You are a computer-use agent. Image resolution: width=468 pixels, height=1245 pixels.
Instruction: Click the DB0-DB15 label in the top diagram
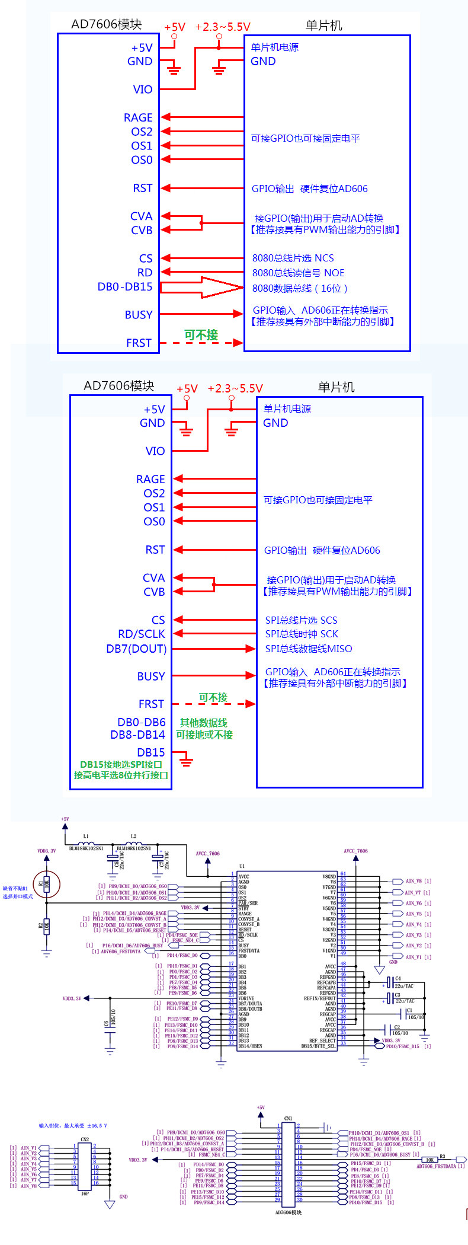(x=125, y=287)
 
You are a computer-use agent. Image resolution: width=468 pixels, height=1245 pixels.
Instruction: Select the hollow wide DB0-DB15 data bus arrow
(x=201, y=288)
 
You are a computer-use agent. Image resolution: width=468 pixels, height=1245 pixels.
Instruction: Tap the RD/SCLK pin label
(x=142, y=634)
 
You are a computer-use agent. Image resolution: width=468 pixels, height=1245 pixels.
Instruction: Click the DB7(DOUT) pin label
(x=136, y=649)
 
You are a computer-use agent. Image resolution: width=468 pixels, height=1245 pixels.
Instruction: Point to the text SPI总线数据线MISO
(x=308, y=649)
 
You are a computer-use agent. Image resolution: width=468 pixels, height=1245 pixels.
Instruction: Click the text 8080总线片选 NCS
(x=293, y=258)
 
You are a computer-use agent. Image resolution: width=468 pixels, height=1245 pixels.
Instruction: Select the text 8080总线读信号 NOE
(x=298, y=273)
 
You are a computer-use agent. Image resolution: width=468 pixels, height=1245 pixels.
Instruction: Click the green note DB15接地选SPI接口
(x=121, y=765)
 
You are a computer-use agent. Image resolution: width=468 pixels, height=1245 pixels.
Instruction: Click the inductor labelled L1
(x=86, y=843)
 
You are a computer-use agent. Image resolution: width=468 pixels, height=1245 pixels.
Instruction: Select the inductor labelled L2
(x=134, y=843)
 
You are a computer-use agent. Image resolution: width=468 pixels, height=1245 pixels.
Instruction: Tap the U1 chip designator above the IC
(x=242, y=866)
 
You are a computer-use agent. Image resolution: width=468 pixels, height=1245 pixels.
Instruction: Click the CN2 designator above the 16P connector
(x=85, y=1139)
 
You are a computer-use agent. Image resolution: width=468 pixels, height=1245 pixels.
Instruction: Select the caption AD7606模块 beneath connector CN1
(x=289, y=1212)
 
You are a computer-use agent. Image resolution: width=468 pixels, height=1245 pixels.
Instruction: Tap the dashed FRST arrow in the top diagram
(x=201, y=343)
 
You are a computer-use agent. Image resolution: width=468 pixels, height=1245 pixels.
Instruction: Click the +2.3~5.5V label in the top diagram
(x=223, y=27)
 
